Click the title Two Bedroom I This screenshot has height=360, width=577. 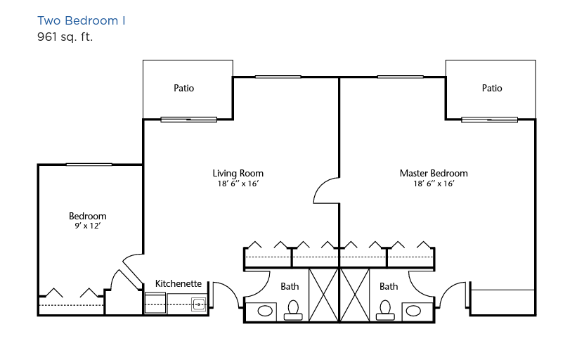pyautogui.click(x=82, y=20)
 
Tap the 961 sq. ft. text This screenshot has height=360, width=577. pyautogui.click(x=65, y=37)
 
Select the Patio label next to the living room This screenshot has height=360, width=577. pyautogui.click(x=183, y=88)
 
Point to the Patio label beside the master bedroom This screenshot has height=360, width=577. pyautogui.click(x=492, y=88)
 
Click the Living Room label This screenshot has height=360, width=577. pyautogui.click(x=238, y=173)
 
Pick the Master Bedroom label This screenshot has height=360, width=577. pyautogui.click(x=434, y=173)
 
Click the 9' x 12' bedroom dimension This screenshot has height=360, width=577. pyautogui.click(x=88, y=226)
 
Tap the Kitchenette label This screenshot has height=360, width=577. pyautogui.click(x=179, y=283)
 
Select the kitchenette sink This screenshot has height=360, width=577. pyautogui.click(x=199, y=304)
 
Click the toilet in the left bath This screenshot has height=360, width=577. pyautogui.click(x=293, y=310)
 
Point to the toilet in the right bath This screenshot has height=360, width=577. pyautogui.click(x=385, y=310)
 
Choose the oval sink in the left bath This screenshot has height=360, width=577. pyautogui.click(x=265, y=311)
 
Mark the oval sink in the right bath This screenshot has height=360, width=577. pyautogui.click(x=413, y=311)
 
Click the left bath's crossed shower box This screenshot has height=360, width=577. pyautogui.click(x=323, y=295)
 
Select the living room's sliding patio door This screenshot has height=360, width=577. pyautogui.click(x=189, y=120)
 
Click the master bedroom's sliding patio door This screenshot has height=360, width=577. pyautogui.click(x=489, y=120)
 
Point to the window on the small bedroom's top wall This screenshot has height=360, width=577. pyautogui.click(x=89, y=165)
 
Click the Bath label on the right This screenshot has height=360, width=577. pyautogui.click(x=389, y=286)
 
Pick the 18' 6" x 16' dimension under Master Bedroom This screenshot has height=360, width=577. pyautogui.click(x=434, y=184)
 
